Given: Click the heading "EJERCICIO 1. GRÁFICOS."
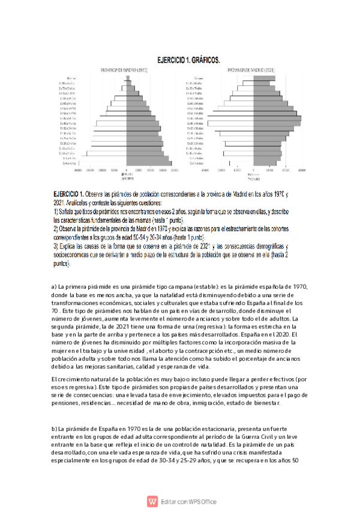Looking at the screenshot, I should point(188,60).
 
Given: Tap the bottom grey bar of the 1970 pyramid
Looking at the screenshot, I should point(149,163).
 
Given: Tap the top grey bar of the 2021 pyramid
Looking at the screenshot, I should point(262,78).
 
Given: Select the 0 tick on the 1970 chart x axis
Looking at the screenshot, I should point(127,170).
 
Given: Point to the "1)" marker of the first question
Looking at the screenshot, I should point(55,212).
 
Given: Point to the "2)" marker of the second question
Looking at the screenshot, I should point(55,229).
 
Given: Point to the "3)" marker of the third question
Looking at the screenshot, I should point(55,247).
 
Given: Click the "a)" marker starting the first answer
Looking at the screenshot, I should point(55,286).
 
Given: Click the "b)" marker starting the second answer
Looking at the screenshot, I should point(55,429).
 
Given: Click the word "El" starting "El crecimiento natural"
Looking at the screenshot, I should point(55,379).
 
